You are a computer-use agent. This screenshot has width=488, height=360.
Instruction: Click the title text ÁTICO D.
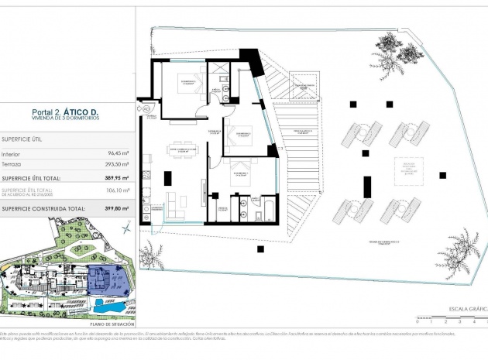pos(84,113)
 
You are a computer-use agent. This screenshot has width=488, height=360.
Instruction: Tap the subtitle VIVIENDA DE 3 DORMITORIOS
pos(66,120)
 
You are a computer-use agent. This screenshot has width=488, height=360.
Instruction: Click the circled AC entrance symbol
pos(146,110)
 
